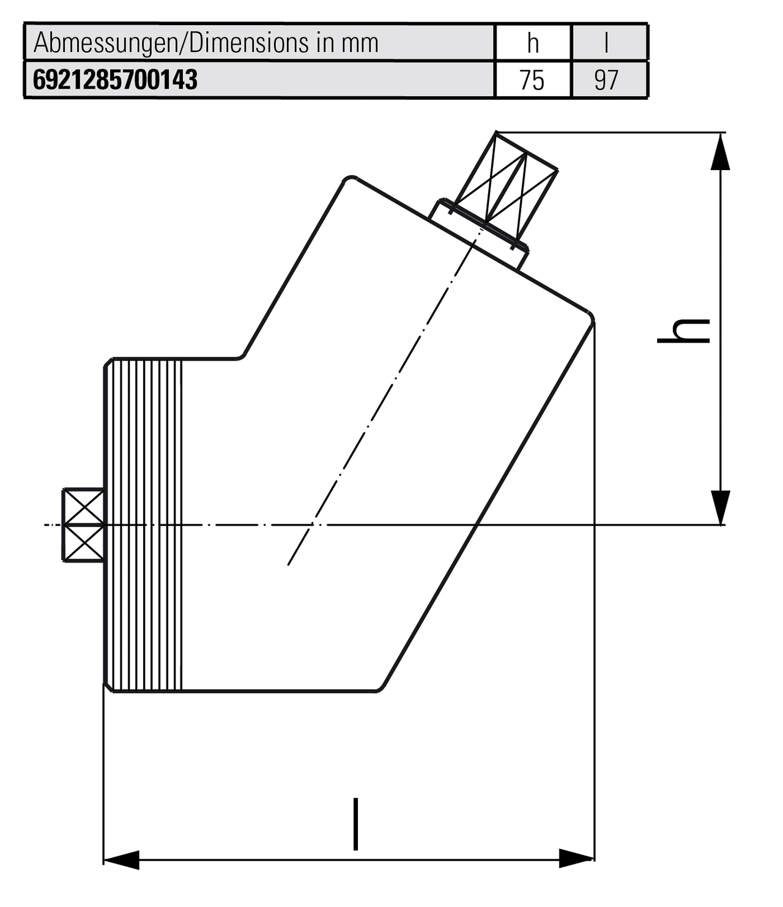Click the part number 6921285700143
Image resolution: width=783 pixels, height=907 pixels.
[x=115, y=80]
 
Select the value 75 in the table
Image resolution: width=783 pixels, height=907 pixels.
[x=532, y=80]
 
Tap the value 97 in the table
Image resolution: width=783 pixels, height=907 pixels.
[x=606, y=80]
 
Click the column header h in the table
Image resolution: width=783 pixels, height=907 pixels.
[x=533, y=43]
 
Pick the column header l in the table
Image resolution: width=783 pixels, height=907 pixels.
[x=606, y=43]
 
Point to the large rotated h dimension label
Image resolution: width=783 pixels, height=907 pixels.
[x=683, y=330]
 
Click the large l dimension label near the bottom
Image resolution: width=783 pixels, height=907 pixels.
[x=355, y=824]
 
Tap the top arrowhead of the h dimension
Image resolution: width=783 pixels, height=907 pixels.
[x=720, y=151]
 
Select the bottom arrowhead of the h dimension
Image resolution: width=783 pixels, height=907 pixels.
[x=720, y=507]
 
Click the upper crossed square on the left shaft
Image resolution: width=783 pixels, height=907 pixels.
[x=84, y=507]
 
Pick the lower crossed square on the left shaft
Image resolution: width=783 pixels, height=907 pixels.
[x=84, y=543]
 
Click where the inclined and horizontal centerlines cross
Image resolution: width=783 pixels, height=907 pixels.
[x=314, y=524]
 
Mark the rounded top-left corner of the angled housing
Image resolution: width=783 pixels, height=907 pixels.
[x=347, y=179]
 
